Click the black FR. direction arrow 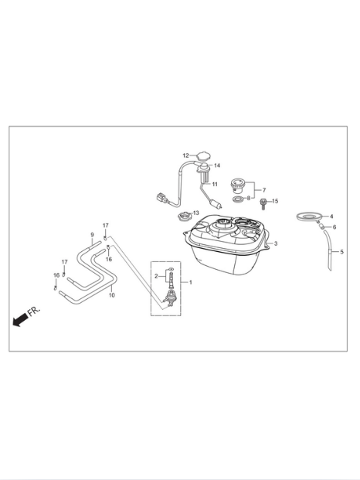pos(20,320)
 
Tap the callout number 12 pos(185,155)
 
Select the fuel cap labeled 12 pos(202,155)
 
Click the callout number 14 pos(217,165)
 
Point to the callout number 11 pos(215,184)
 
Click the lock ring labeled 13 pos(184,216)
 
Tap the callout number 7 pos(264,190)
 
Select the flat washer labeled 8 pos(238,199)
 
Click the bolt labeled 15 pos(263,203)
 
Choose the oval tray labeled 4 pos(308,216)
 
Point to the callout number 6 pos(335,227)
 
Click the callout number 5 pos(342,252)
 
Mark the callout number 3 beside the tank pos(276,243)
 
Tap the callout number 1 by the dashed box pos(191,282)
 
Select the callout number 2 pos(156,276)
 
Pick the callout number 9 pos(92,235)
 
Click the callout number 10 pos(112,295)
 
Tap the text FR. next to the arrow pos(34,311)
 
